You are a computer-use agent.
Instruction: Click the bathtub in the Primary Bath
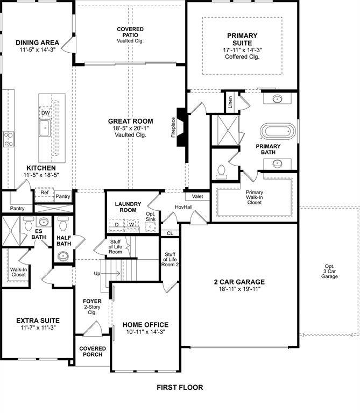click(x=278, y=132)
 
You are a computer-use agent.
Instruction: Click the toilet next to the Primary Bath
click(x=221, y=171)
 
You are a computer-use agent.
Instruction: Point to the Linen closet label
click(x=230, y=102)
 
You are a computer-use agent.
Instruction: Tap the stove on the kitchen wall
click(x=9, y=139)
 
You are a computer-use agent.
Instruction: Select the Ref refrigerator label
click(x=44, y=192)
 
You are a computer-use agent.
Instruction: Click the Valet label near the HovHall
click(x=193, y=196)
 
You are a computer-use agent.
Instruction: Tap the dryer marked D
click(x=116, y=224)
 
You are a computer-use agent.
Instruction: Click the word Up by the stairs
click(x=97, y=273)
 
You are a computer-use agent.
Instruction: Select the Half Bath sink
click(x=63, y=255)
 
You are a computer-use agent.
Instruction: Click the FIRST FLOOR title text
click(x=180, y=387)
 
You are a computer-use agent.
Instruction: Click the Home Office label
click(x=145, y=325)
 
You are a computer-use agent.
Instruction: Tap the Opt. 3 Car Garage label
click(x=329, y=271)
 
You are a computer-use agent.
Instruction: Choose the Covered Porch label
click(x=93, y=352)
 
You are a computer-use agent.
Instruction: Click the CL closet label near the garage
click(x=170, y=233)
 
